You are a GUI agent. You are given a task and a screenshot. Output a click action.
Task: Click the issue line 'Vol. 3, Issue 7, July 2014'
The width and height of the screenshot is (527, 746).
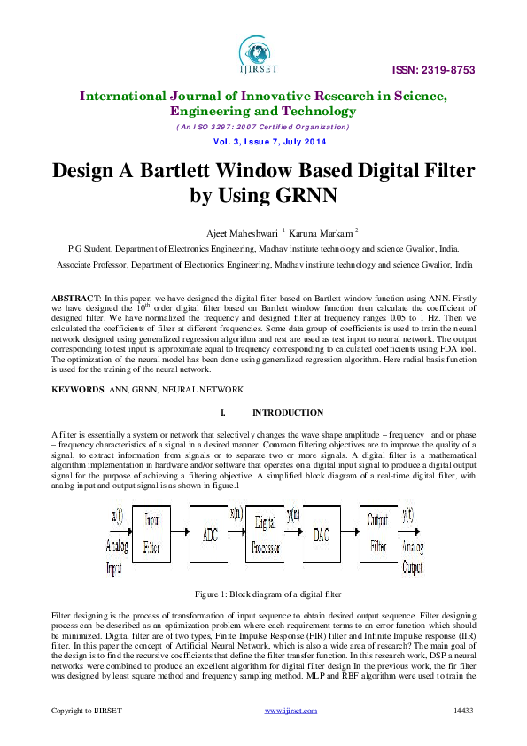click(x=263, y=143)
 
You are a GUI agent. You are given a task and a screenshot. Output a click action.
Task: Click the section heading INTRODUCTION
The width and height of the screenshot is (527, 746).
click(x=288, y=413)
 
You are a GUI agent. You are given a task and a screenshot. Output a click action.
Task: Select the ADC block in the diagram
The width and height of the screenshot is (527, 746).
click(x=209, y=534)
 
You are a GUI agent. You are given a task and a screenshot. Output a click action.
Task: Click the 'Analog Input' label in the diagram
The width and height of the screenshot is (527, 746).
click(x=116, y=556)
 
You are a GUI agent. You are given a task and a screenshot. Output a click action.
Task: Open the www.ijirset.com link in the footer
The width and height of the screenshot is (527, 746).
click(x=291, y=711)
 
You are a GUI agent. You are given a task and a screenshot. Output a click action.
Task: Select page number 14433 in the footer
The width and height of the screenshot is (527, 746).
click(x=464, y=711)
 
